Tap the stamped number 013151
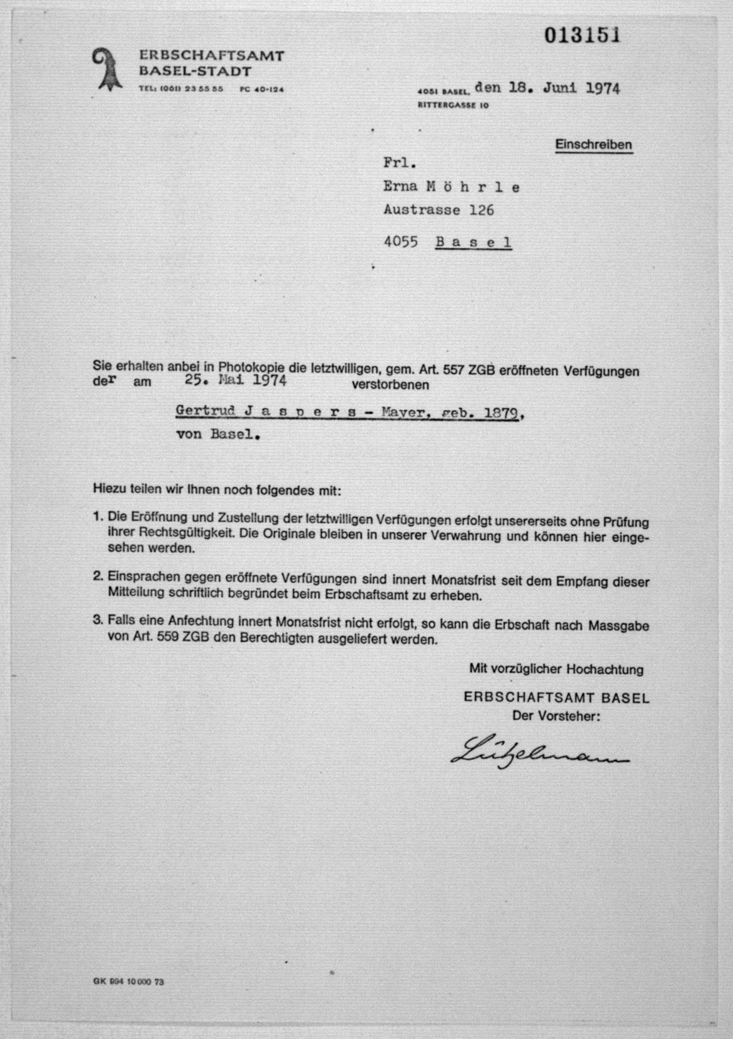(x=582, y=35)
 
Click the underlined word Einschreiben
(x=594, y=145)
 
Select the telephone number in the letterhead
(x=181, y=89)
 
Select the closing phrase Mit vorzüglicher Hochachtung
(x=556, y=669)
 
